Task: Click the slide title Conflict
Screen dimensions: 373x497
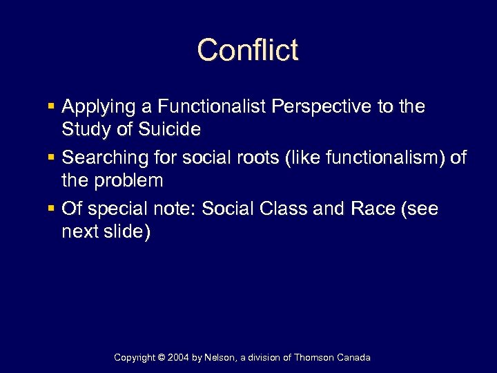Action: click(248, 50)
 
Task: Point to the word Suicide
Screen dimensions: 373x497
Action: click(170, 130)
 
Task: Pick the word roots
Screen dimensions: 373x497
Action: click(248, 158)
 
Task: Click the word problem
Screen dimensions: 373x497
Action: click(129, 181)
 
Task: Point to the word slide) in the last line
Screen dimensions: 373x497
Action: click(126, 231)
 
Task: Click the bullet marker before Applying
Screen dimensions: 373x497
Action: click(52, 107)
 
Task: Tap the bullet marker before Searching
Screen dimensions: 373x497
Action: click(52, 158)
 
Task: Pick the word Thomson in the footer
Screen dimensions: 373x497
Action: click(315, 358)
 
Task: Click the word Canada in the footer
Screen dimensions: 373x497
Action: click(354, 358)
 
